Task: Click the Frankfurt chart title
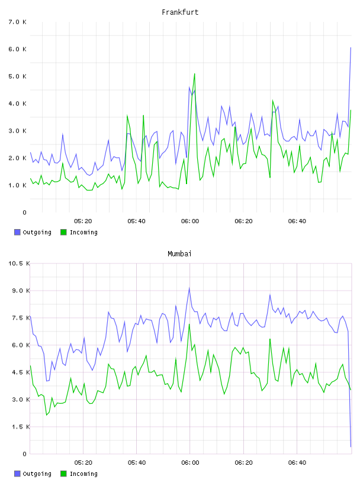pyautogui.click(x=180, y=12)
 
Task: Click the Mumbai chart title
pyautogui.click(x=179, y=254)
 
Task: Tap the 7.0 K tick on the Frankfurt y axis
pyautogui.click(x=17, y=22)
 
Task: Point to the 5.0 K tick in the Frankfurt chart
pyautogui.click(x=17, y=76)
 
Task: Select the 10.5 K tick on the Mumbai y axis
pyautogui.click(x=19, y=263)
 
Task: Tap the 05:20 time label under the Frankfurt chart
pyautogui.click(x=83, y=221)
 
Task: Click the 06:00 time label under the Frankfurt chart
pyautogui.click(x=190, y=221)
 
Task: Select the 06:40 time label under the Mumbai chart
pyautogui.click(x=297, y=463)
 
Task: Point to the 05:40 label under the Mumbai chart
pyautogui.click(x=137, y=463)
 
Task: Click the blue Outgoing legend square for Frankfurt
pyautogui.click(x=17, y=232)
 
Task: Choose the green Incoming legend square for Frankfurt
pyautogui.click(x=63, y=232)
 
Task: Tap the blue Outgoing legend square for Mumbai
pyautogui.click(x=17, y=474)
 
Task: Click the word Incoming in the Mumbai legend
pyautogui.click(x=83, y=474)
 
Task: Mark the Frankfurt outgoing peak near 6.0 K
pyautogui.click(x=351, y=48)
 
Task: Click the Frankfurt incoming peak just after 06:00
pyautogui.click(x=194, y=74)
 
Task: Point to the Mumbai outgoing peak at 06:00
pyautogui.click(x=189, y=288)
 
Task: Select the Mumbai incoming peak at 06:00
pyautogui.click(x=189, y=324)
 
